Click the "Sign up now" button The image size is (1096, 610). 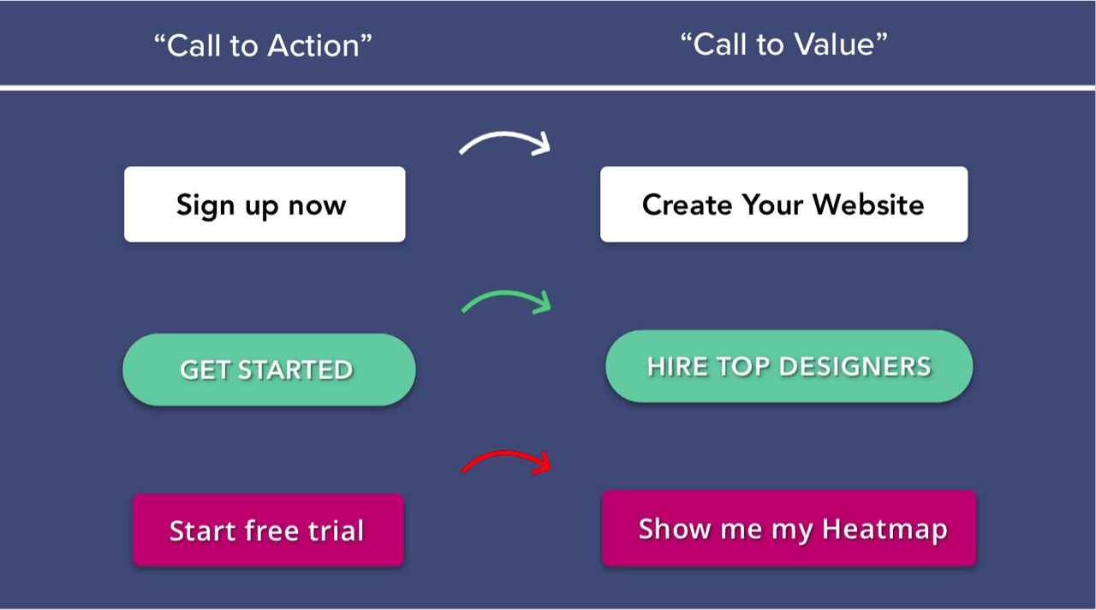265,204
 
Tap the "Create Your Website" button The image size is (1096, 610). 783,204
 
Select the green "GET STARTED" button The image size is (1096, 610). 269,370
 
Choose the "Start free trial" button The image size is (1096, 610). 268,530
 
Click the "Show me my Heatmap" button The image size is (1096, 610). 789,529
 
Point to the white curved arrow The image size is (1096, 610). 504,135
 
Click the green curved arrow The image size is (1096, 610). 505,294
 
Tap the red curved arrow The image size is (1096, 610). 505,454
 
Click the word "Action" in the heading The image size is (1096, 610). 314,46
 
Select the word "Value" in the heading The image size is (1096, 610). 834,44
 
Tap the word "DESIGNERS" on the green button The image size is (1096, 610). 855,366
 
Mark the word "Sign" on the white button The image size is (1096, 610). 205,206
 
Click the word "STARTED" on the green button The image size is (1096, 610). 295,370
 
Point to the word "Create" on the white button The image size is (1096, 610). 688,204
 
